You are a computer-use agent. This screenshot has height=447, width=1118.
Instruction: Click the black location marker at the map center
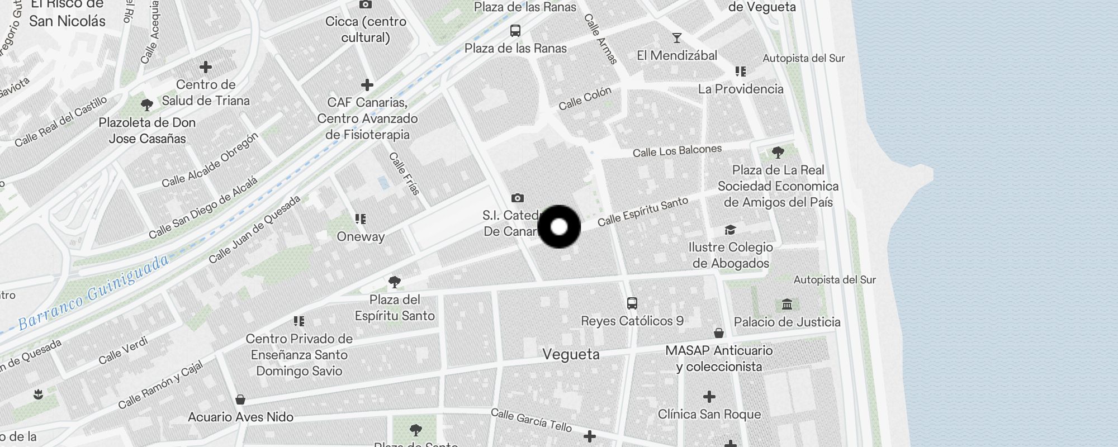(x=559, y=227)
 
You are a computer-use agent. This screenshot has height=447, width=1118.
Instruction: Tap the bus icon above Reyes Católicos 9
(x=632, y=303)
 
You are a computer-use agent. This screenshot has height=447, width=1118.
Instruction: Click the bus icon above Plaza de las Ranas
(x=515, y=31)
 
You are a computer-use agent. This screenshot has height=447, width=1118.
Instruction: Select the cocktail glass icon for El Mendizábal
(x=677, y=38)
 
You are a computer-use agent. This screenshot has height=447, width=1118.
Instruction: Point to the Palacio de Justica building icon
(x=787, y=305)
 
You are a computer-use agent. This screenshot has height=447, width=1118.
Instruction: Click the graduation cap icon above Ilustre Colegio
(x=730, y=230)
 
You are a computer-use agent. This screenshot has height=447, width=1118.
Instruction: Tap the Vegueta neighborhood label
(x=571, y=354)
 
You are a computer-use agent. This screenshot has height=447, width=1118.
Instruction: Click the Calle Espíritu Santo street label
(x=642, y=212)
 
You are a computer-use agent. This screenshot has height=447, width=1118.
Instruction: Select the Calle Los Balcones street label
(x=677, y=151)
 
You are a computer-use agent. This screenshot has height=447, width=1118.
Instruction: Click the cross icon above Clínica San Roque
(x=709, y=397)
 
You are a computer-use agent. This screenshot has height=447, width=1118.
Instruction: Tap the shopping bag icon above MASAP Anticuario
(x=719, y=333)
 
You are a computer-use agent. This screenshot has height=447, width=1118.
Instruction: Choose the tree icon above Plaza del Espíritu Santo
(x=395, y=282)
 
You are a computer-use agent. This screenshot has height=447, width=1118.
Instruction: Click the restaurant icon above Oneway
(x=361, y=219)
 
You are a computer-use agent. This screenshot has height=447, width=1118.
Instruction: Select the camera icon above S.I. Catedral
(x=518, y=198)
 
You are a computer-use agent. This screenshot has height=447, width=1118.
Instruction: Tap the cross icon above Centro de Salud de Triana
(x=206, y=67)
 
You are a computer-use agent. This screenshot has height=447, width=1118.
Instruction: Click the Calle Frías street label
(x=404, y=173)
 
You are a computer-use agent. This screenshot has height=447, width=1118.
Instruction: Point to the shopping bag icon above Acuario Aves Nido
(x=240, y=400)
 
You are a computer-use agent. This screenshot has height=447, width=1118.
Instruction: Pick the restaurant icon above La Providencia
(x=741, y=72)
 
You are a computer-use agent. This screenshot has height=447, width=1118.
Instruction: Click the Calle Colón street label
(x=585, y=98)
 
